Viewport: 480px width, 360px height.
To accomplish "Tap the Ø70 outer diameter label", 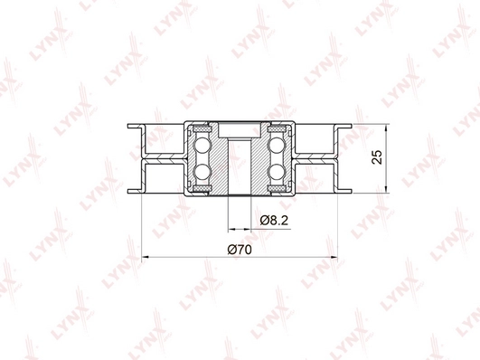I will pyautogui.click(x=240, y=248).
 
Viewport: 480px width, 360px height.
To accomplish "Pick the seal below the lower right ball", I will pyautogui.click(x=278, y=188).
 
